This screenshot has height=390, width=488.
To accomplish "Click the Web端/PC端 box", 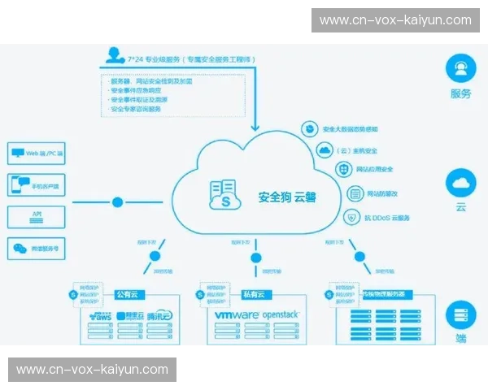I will [x=37, y=152].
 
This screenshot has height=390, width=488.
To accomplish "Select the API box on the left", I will [x=37, y=216].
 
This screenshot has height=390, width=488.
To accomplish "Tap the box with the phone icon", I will [x=37, y=184].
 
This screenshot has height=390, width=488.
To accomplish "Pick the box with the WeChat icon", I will [x=37, y=249].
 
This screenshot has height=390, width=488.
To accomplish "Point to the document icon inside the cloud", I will [x=222, y=195].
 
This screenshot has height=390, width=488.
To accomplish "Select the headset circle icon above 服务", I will [x=461, y=67].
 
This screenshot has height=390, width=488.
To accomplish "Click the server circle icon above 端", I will [x=461, y=313].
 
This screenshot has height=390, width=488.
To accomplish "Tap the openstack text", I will [x=279, y=314].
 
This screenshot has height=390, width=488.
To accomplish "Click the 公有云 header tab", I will [x=128, y=294].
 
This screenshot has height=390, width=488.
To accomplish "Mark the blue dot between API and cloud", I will [x=118, y=201].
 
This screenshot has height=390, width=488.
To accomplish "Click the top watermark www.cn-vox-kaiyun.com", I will [x=395, y=19].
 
